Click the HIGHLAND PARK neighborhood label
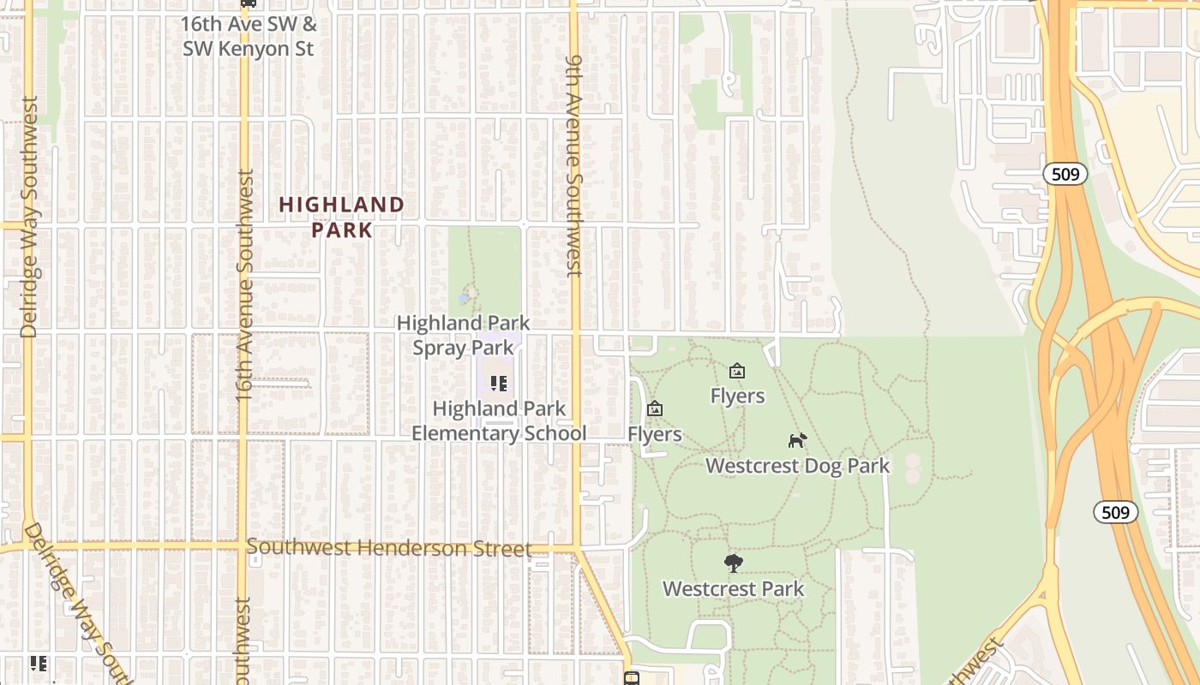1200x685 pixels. [341, 217]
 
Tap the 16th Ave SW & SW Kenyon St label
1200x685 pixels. [248, 36]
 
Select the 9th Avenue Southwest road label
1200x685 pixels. [574, 166]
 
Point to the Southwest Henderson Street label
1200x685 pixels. [389, 548]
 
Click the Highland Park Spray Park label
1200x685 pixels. [463, 335]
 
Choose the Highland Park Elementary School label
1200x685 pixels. [499, 420]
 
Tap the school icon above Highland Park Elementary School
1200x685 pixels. [499, 384]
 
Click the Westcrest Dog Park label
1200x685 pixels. [797, 466]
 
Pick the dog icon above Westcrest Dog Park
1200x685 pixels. [797, 440]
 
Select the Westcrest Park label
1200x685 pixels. [733, 589]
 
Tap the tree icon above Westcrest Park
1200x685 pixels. [733, 563]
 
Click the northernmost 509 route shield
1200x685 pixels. [1065, 175]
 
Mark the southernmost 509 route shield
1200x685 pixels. [1115, 512]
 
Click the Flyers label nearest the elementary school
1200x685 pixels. [654, 434]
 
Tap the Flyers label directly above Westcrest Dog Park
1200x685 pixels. [737, 396]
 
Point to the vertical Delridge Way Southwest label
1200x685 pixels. [28, 217]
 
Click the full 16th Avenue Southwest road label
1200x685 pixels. [244, 286]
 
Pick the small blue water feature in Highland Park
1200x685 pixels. [464, 297]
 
